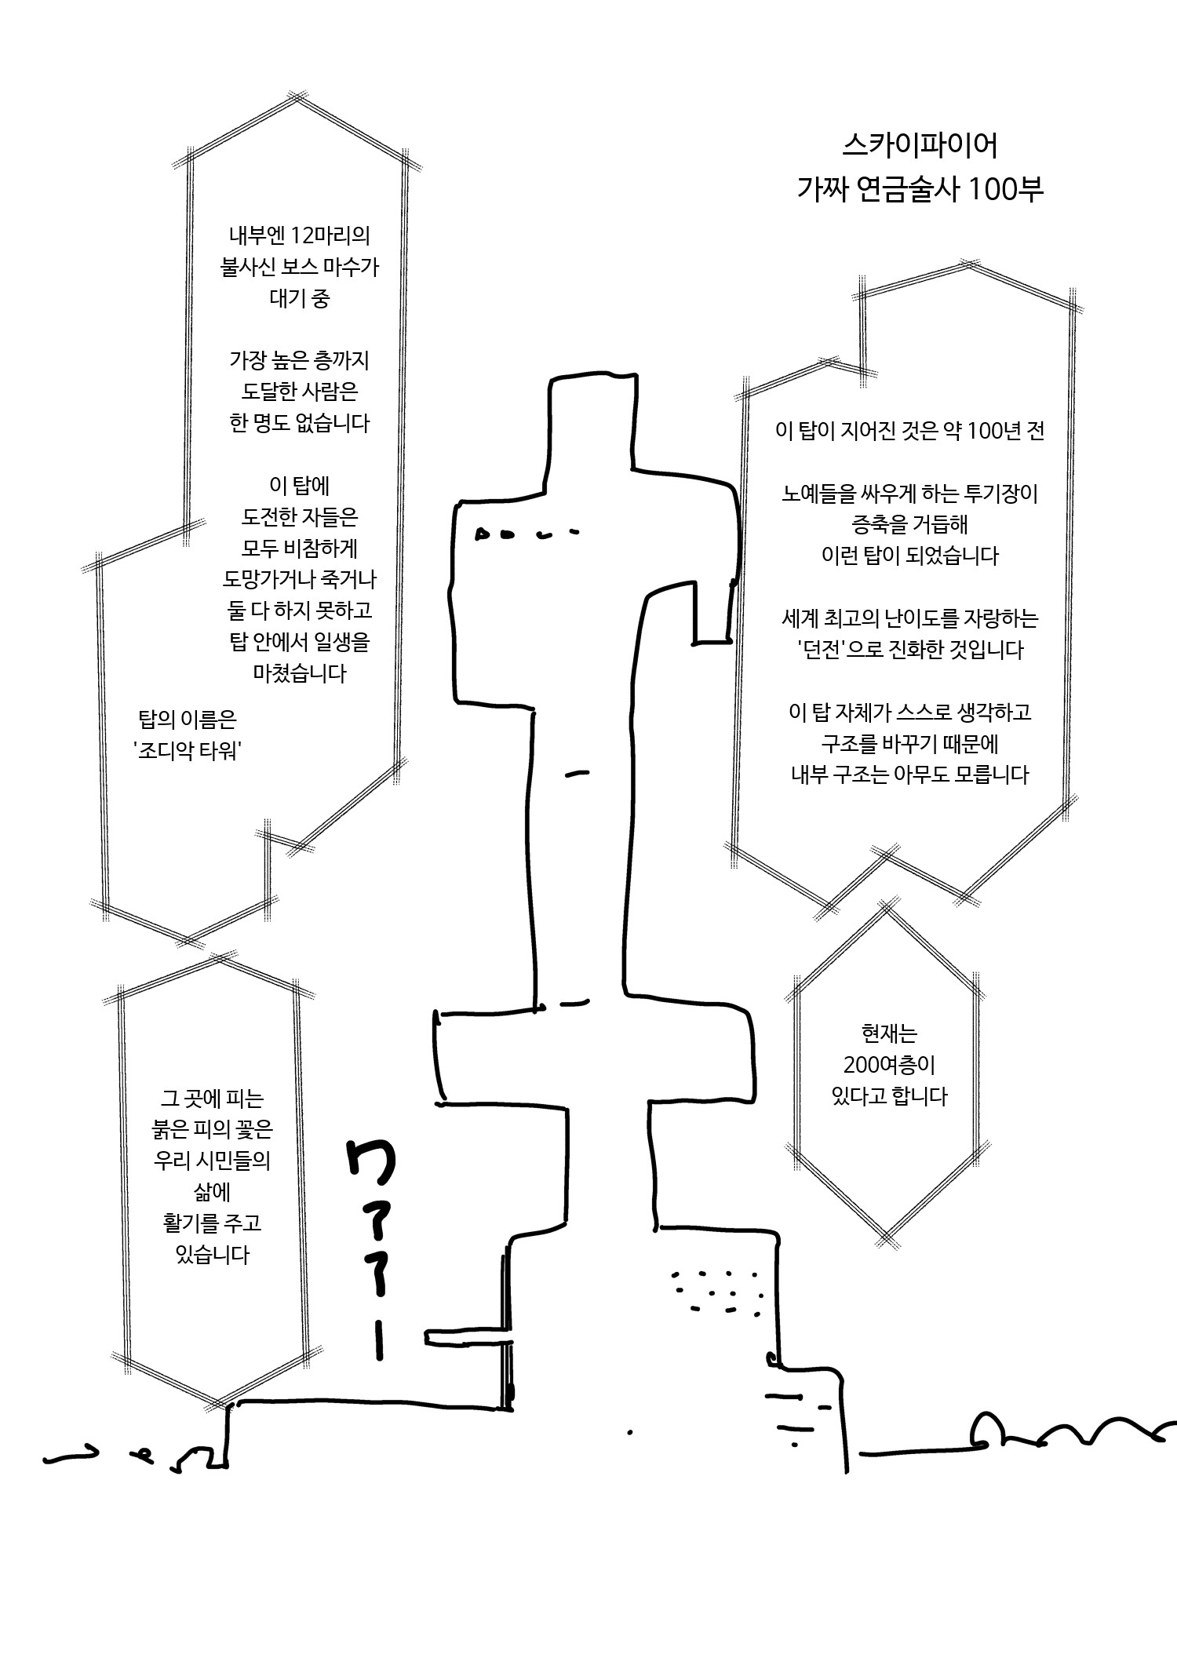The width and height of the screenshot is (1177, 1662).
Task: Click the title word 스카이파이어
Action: tap(920, 145)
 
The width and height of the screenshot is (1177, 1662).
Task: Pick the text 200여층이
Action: tap(890, 1066)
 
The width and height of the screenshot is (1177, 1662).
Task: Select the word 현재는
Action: tap(889, 1034)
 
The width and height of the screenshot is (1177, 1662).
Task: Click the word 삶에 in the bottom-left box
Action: tap(212, 1192)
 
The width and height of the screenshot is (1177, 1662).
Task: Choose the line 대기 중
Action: tap(299, 299)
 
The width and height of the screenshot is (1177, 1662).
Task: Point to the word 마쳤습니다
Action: tap(299, 673)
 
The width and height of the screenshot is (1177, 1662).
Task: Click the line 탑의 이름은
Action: tap(187, 720)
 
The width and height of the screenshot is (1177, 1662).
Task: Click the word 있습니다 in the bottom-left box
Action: tap(212, 1255)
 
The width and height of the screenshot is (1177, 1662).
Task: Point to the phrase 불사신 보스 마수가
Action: tap(299, 268)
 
